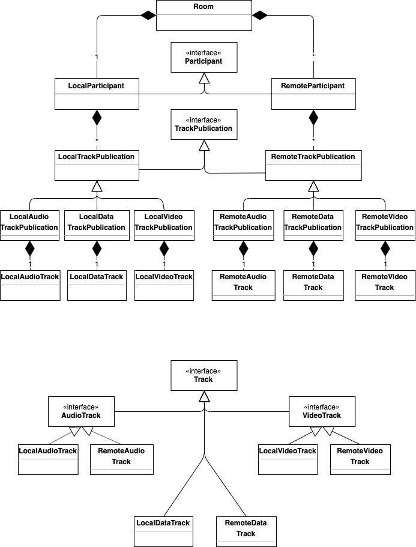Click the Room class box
point(204,15)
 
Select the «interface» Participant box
point(204,57)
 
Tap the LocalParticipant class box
point(97,94)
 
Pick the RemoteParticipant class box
point(313,94)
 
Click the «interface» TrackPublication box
point(204,124)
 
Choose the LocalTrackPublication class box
point(97,165)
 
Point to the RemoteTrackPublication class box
point(313,165)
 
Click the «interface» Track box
point(204,375)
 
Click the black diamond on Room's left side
point(148,16)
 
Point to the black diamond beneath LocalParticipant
point(97,118)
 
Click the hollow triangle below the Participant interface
point(204,78)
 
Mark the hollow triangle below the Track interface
point(204,396)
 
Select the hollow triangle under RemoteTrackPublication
point(313,187)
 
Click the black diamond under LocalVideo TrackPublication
point(164,247)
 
